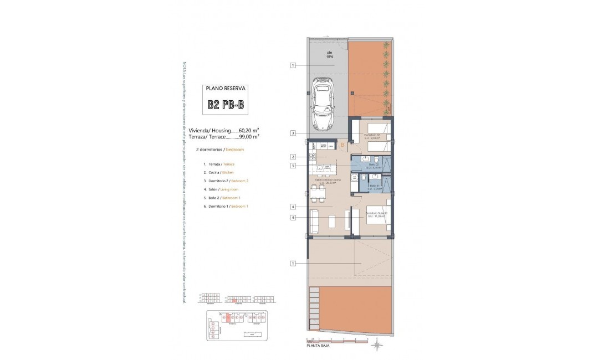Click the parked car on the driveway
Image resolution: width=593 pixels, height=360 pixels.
coord(322,104)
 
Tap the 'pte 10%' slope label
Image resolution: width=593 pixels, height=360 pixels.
coord(330,54)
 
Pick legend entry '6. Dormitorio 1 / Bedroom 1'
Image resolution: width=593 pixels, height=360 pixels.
coord(226,206)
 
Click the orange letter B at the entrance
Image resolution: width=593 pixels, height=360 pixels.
coord(342,145)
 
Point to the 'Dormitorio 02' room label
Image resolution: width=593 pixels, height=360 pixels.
coord(371,135)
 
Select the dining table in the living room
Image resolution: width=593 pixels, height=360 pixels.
coord(318,194)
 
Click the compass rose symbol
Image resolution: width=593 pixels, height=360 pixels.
coord(377,346)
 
